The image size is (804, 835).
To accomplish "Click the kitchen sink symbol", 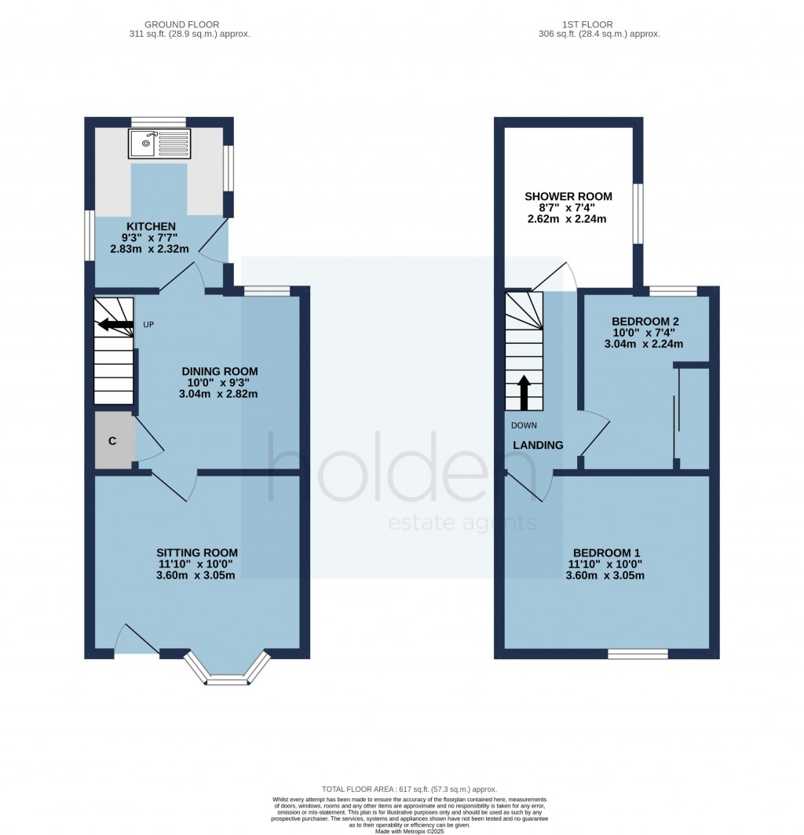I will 159,144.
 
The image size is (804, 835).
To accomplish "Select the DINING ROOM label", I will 220,371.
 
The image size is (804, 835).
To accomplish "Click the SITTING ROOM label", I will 196,552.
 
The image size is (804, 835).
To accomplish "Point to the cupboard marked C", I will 112,441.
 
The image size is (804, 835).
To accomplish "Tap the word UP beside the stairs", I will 148,324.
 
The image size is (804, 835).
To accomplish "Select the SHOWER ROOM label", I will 568,196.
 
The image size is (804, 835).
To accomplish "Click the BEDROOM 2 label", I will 645,321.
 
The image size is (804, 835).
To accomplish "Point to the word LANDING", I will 538,445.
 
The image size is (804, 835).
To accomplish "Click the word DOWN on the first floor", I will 524,426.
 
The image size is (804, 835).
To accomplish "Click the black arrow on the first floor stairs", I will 524,392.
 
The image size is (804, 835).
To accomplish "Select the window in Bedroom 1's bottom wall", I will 638,653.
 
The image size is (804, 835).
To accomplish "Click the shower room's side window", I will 638,214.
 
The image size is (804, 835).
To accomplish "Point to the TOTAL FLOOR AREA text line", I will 409,789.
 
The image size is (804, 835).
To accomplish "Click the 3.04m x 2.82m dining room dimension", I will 220,394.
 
